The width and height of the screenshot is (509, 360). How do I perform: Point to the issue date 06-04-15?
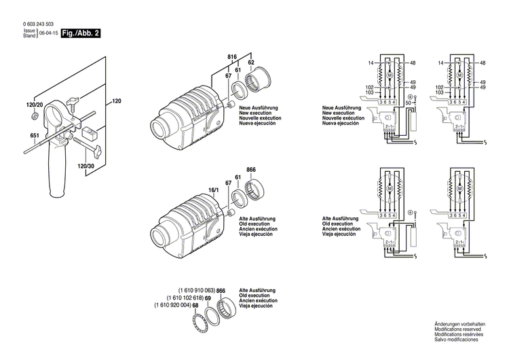click(48, 33)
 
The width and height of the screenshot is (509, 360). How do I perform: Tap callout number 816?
click(231, 58)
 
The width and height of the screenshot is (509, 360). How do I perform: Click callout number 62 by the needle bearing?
click(250, 62)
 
